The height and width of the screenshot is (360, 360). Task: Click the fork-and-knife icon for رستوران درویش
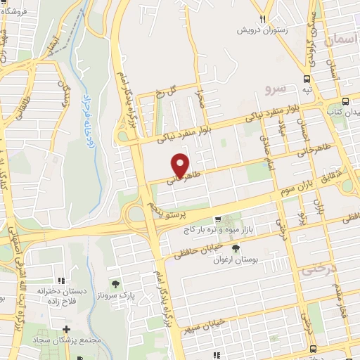click(262, 19)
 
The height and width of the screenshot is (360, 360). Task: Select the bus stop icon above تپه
click(307, 79)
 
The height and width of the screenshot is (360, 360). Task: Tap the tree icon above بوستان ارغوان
click(235, 248)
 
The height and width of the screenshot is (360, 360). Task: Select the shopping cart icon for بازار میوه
click(218, 218)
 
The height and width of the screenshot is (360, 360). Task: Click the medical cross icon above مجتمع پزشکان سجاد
click(66, 329)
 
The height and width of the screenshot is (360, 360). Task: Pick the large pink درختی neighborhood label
click(320, 269)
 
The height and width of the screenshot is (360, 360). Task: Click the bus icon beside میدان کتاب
click(349, 99)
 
